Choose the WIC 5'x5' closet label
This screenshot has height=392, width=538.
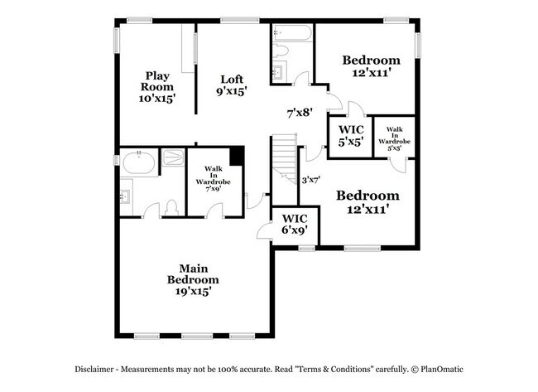(x=350, y=135)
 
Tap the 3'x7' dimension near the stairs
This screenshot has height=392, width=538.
(x=311, y=178)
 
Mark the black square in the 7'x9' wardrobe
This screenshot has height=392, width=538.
(x=238, y=156)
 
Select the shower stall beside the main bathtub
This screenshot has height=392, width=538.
(x=173, y=158)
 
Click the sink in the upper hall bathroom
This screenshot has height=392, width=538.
(x=279, y=72)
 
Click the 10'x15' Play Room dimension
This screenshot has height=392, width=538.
(x=156, y=98)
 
